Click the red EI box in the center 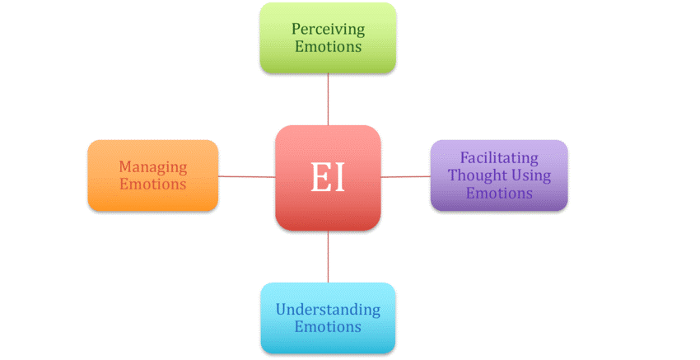tap(328, 206)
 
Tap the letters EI tap(328, 178)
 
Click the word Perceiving tap(328, 29)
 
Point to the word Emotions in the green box tap(328, 47)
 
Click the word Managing tap(153, 166)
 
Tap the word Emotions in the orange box tap(153, 185)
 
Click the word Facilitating tap(499, 157)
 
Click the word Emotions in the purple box tap(499, 194)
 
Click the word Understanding tap(328, 310)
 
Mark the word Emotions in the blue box tap(328, 327)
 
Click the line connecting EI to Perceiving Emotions tap(328, 99)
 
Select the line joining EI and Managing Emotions tap(247, 175)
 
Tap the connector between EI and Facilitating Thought tap(405, 176)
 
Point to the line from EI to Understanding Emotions tap(328, 256)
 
